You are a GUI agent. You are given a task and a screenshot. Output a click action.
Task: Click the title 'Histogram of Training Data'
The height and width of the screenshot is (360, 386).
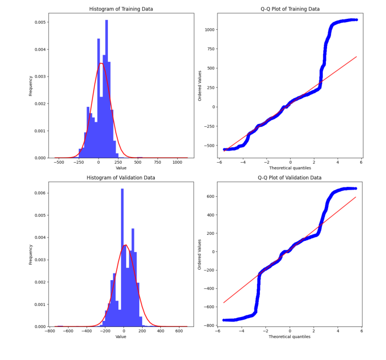(x=128, y=9)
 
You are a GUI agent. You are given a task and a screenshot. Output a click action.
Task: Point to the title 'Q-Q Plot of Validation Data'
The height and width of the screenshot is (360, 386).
(x=290, y=178)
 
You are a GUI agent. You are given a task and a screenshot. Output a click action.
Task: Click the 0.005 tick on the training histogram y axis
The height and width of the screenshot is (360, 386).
(x=55, y=22)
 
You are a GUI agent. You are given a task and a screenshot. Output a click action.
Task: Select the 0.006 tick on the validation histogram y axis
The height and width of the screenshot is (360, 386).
(x=55, y=193)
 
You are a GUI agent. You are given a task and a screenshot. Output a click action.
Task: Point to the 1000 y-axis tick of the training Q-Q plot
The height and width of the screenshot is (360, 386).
(x=210, y=30)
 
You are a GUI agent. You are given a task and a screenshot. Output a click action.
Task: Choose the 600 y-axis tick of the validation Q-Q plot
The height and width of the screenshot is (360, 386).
(x=211, y=196)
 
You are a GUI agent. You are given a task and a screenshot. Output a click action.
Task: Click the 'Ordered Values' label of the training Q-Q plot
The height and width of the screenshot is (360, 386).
(x=200, y=85)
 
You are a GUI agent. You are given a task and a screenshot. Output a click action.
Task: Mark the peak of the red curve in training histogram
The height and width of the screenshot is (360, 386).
(x=101, y=63)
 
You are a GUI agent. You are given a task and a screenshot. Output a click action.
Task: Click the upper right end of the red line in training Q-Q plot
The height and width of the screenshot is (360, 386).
(x=356, y=57)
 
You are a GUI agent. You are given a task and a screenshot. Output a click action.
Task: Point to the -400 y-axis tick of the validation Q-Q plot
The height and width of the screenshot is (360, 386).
(x=210, y=288)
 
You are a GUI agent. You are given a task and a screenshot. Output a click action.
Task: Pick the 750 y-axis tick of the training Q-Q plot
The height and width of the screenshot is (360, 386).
(x=211, y=49)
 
